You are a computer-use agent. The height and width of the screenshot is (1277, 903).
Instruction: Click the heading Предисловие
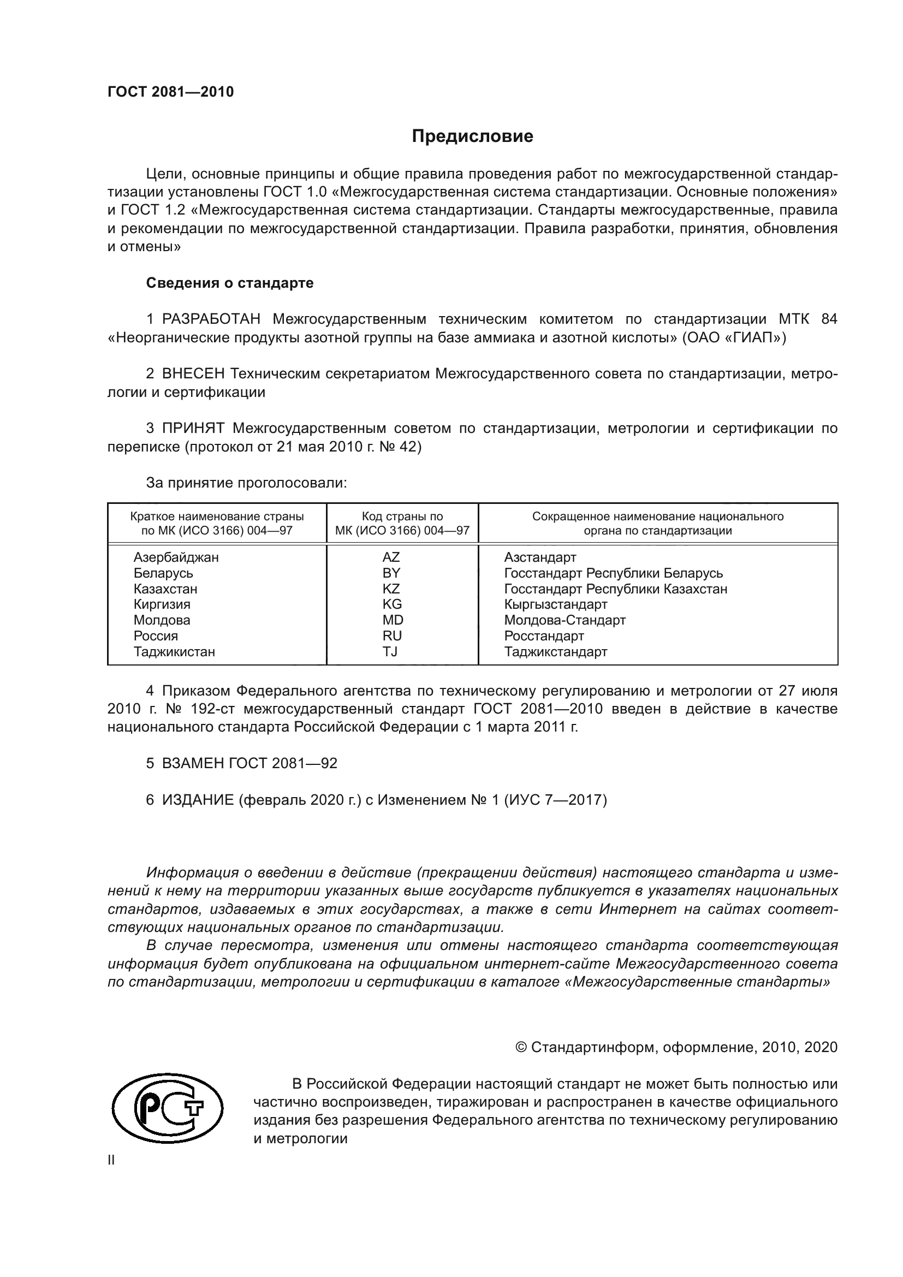click(472, 136)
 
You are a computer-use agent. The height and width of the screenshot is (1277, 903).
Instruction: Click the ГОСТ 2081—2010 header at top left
click(171, 92)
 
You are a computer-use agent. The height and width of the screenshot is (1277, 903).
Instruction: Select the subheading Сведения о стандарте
click(230, 283)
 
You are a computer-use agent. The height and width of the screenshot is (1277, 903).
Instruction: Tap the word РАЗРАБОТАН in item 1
click(211, 319)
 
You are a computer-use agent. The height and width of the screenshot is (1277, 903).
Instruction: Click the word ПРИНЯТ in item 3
click(193, 428)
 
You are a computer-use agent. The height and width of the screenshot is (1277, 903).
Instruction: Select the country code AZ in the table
click(391, 557)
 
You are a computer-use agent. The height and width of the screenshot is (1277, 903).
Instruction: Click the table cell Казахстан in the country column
click(165, 589)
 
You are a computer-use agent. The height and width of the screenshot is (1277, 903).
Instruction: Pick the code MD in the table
click(392, 620)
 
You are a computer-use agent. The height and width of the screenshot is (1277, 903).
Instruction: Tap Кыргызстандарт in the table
click(555, 604)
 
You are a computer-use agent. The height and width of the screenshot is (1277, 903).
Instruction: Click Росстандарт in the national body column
click(544, 635)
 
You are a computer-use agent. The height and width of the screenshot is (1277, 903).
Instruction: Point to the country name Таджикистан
click(174, 651)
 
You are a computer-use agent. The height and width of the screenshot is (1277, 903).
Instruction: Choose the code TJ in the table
click(390, 651)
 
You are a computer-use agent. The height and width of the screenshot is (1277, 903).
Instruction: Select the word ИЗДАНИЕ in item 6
click(198, 800)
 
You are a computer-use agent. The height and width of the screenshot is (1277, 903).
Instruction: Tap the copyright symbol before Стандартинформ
click(521, 1047)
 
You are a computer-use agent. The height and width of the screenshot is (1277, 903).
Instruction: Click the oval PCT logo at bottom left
click(168, 1111)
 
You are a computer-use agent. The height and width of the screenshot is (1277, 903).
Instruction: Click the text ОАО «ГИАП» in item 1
click(734, 337)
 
